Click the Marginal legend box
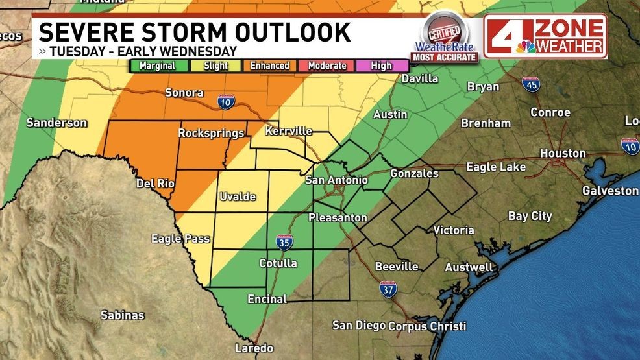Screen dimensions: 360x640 click(158, 66)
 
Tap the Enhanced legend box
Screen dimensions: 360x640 click(270, 66)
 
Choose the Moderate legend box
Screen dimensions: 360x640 click(326, 66)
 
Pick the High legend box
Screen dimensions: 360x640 click(382, 66)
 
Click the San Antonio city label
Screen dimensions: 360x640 click(336, 180)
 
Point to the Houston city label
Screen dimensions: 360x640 click(563, 154)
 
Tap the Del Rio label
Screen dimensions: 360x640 click(155, 184)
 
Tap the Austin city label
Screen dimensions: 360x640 click(390, 115)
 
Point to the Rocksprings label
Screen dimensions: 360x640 click(211, 134)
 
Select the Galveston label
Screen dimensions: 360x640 click(610, 191)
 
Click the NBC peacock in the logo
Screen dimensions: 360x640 click(526, 46)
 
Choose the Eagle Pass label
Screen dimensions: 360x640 click(180, 239)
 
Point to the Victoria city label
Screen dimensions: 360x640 click(453, 230)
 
